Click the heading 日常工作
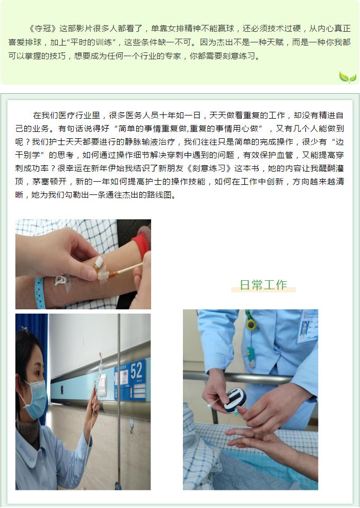pos(264,285)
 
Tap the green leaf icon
pos(347,77)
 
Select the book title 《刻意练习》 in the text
pos(209,168)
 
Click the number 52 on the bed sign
pos(136,370)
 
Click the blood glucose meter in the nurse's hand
pos(234,400)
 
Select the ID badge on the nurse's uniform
pos(307,326)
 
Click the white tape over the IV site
pos(101,268)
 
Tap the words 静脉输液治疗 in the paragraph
pos(154,142)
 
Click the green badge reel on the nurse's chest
pos(250,324)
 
